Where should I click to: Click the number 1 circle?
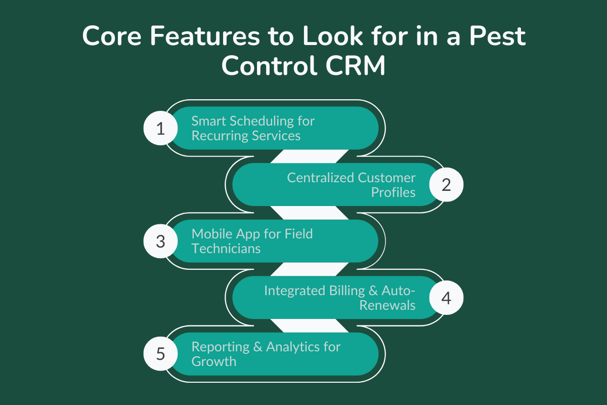(160, 128)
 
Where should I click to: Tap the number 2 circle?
(446, 185)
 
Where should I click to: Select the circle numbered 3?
(160, 241)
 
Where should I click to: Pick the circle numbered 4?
(446, 298)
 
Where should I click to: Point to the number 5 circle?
(160, 354)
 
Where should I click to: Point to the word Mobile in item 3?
(210, 234)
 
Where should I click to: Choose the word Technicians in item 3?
(226, 249)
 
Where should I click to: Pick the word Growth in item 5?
(213, 361)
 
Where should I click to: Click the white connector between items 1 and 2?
(310, 156)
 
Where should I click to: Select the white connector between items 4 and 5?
(310, 326)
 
